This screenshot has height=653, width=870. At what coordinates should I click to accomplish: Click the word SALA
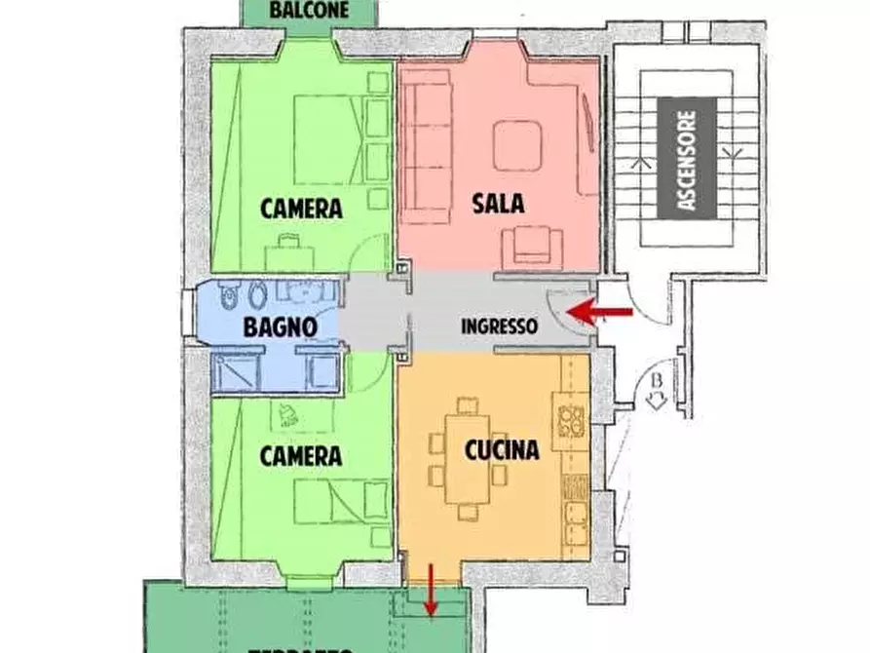point(498,205)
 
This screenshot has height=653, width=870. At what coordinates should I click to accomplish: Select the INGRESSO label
point(499,326)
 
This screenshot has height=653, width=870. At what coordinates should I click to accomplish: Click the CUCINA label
point(501,450)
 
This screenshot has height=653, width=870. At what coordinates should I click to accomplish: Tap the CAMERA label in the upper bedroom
point(301,209)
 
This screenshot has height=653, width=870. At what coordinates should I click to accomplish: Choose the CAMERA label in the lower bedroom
point(301,456)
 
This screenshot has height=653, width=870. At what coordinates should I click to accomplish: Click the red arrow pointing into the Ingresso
point(600,312)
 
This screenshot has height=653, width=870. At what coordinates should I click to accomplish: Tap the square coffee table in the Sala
point(517,145)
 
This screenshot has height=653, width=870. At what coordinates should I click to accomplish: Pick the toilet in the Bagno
point(229,293)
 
